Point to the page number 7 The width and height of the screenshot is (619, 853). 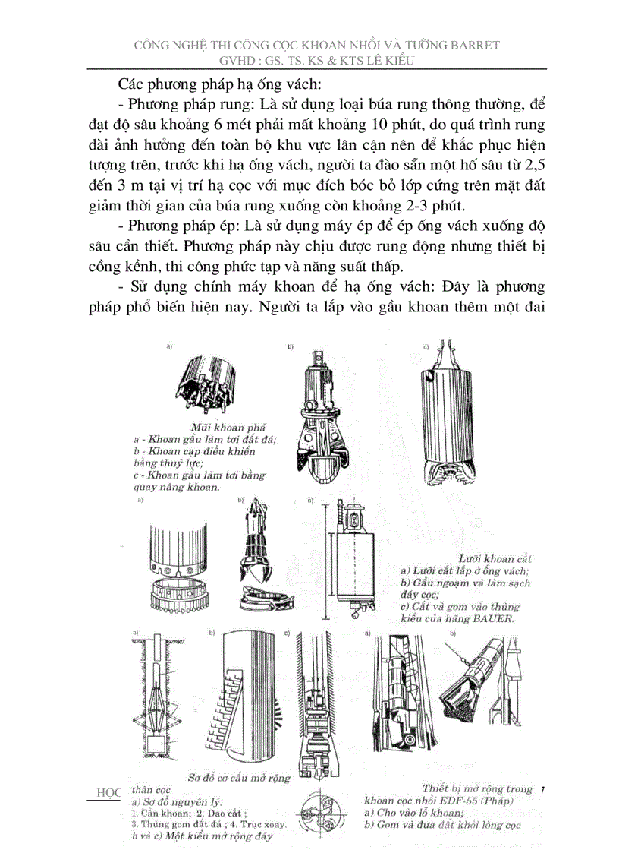pos(542,791)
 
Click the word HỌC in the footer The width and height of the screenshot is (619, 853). pos(109,791)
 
